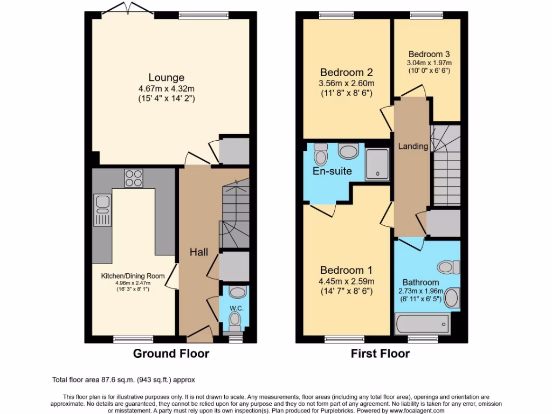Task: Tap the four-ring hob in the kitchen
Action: point(133,178)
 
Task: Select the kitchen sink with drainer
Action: point(101,211)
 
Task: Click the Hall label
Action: point(199,252)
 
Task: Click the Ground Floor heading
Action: point(171,354)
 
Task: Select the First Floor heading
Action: point(380,354)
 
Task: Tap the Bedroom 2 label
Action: point(347,72)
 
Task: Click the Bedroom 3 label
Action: point(429,54)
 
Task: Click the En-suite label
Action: point(333,171)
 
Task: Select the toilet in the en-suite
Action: point(321,154)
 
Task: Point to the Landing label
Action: point(413,146)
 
